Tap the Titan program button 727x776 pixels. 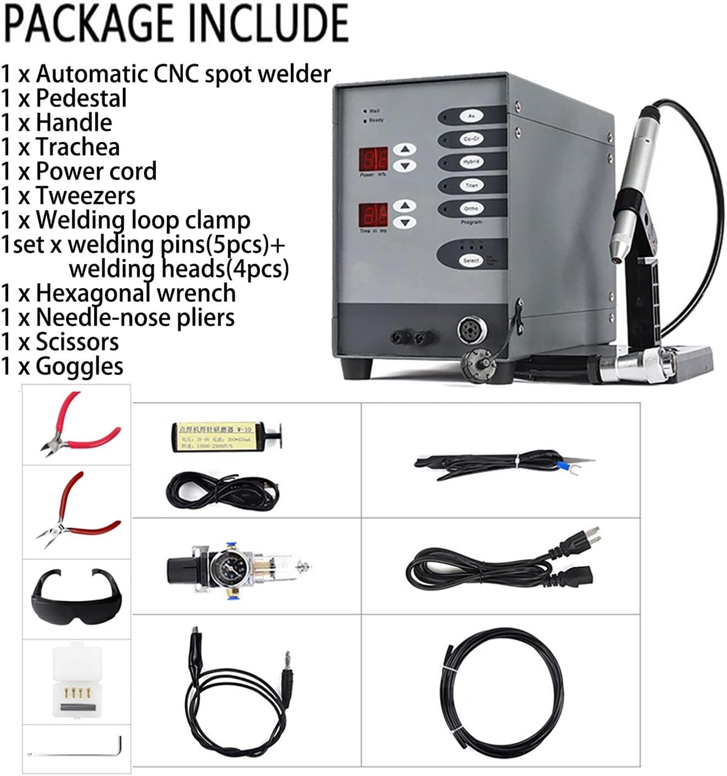(471, 186)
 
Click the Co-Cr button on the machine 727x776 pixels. (471, 140)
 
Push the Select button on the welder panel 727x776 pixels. (471, 260)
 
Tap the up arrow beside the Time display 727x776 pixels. (406, 206)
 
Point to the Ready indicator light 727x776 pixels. (365, 120)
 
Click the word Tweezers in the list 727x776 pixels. (86, 196)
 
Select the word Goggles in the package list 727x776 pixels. (80, 366)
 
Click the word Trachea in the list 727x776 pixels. (78, 147)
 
